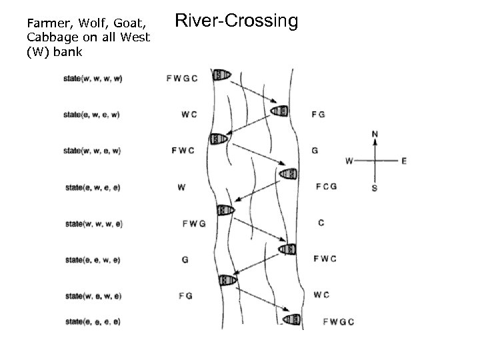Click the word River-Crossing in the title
236,21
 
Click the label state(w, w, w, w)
93,78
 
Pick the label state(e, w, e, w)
92,114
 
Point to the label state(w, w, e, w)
92,151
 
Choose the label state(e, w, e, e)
92,187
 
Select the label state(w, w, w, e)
93,224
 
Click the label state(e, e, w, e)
93,259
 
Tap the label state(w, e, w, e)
93,295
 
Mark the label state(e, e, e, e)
93,322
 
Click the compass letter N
375,134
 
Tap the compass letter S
374,189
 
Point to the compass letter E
404,161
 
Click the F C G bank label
326,186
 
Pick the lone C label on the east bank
321,223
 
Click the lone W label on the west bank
181,187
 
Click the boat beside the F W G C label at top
219,75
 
